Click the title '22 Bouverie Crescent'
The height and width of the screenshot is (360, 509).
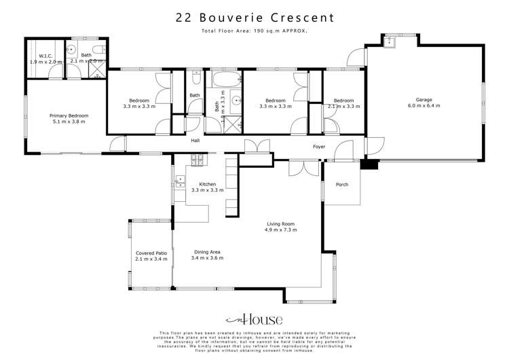254,17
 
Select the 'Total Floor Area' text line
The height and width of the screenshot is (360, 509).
254,31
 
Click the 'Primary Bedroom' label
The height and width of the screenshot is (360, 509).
69,119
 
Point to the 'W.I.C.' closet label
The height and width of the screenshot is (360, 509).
46,59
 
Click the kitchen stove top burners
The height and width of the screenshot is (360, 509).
198,161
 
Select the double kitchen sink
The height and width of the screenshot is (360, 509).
181,181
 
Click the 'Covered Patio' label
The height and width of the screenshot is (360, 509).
149,255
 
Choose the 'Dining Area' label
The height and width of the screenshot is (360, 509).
207,255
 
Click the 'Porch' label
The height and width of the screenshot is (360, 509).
343,184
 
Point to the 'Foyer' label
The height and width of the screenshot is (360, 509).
319,146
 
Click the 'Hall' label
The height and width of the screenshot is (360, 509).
195,141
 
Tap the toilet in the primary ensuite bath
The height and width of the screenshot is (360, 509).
98,50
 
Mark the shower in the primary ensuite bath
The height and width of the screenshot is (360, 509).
99,70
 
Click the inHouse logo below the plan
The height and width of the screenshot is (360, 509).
254,319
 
